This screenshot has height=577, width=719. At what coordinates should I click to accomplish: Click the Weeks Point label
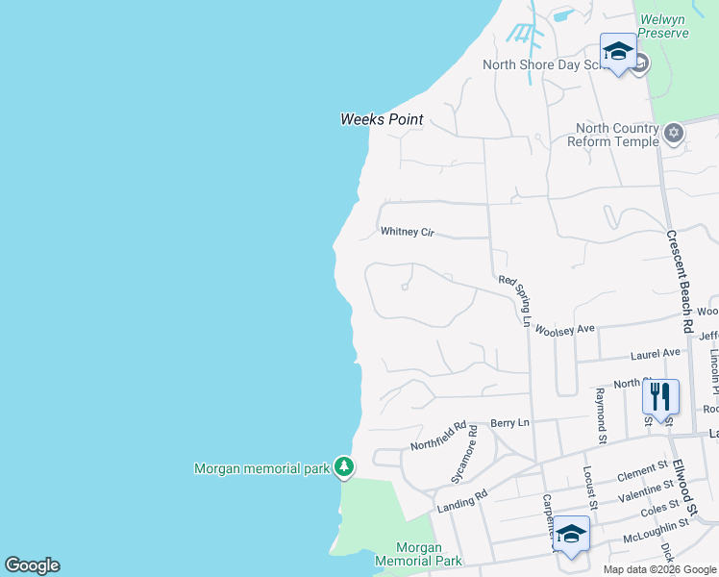pyautogui.click(x=382, y=120)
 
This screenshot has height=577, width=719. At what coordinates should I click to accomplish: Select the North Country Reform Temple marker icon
pyautogui.click(x=674, y=134)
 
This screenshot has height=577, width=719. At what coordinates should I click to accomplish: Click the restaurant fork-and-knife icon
pyautogui.click(x=660, y=395)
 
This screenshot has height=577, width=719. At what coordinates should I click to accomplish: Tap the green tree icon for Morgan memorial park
pyautogui.click(x=344, y=467)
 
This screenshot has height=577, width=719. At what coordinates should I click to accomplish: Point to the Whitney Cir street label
pyautogui.click(x=408, y=232)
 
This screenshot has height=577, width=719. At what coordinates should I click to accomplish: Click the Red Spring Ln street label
pyautogui.click(x=514, y=300)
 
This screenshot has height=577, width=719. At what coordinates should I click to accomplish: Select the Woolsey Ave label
pyautogui.click(x=566, y=329)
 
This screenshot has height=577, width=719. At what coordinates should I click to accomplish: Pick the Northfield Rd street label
pyautogui.click(x=438, y=437)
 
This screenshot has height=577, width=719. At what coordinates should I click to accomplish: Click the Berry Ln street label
pyautogui.click(x=509, y=422)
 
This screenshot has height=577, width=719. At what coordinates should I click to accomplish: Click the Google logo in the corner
pyautogui.click(x=32, y=565)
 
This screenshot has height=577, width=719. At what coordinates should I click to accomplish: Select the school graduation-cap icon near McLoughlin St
pyautogui.click(x=571, y=533)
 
